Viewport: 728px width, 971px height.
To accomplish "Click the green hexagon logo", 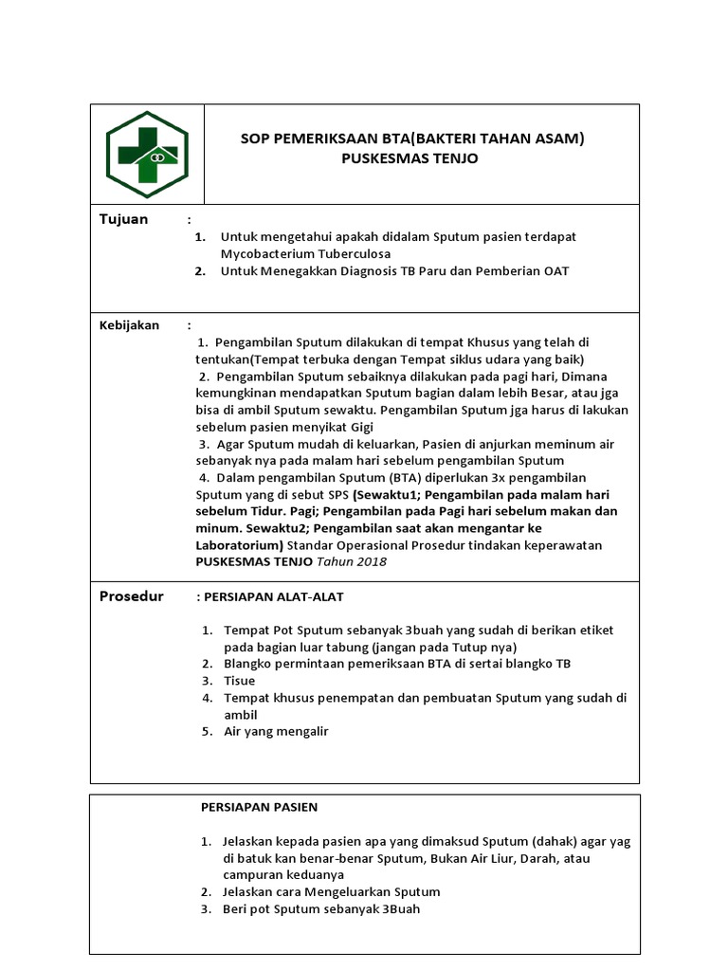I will point(147,154).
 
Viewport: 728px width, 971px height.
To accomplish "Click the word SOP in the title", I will point(255,139).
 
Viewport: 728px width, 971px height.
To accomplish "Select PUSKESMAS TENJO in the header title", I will point(409,158).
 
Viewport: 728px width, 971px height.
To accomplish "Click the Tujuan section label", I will point(124,219).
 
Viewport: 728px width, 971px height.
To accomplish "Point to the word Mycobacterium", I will point(266,253).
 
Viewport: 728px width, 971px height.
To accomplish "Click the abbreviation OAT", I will point(555,270).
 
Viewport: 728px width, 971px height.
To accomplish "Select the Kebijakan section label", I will point(130,325).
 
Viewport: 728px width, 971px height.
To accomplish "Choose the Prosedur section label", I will point(132,596).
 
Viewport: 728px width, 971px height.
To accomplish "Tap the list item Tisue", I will point(239,681).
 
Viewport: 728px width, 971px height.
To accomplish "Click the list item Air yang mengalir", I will point(276,731).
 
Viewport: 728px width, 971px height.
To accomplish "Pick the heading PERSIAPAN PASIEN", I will point(259,807).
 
